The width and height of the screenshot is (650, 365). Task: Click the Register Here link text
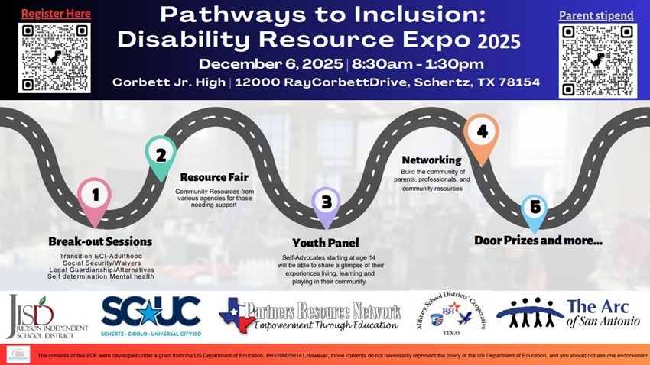pyautogui.click(x=55, y=14)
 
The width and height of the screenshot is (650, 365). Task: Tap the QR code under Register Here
pyautogui.click(x=55, y=58)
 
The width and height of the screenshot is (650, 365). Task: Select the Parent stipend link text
pyautogui.click(x=596, y=15)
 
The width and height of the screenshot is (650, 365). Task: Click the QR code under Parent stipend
pyautogui.click(x=598, y=60)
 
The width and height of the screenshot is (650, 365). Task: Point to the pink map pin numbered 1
pyautogui.click(x=95, y=197)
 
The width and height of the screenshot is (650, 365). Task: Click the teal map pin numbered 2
pyautogui.click(x=161, y=155)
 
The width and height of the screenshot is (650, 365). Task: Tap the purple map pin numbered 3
pyautogui.click(x=327, y=204)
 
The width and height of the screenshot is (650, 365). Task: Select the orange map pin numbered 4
pyautogui.click(x=482, y=135)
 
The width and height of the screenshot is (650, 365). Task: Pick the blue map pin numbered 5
pyautogui.click(x=535, y=209)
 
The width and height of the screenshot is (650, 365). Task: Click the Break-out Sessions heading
pyautogui.click(x=100, y=242)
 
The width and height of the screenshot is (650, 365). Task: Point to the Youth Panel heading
pyautogui.click(x=325, y=244)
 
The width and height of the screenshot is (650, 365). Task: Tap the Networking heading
pyautogui.click(x=431, y=160)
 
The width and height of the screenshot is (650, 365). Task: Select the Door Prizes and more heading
pyautogui.click(x=538, y=241)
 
